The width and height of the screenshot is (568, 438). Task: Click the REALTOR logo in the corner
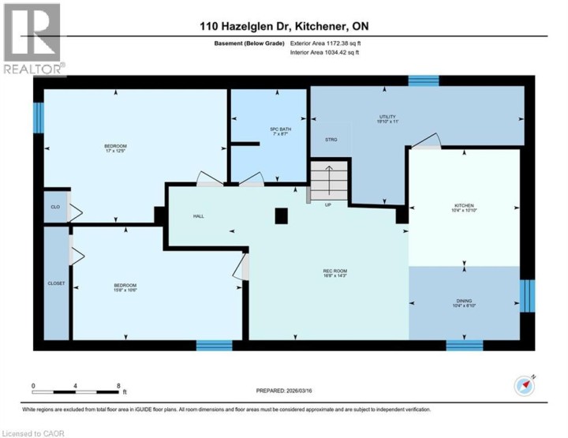click(x=32, y=39)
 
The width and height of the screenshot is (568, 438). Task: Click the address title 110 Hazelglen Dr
click(x=283, y=26)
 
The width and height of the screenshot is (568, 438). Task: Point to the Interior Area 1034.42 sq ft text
click(x=324, y=54)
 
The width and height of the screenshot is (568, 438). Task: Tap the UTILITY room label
click(x=387, y=118)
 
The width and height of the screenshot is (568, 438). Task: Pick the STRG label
click(x=331, y=140)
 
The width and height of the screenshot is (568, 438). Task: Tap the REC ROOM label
click(x=336, y=273)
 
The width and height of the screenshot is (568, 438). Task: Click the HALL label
click(x=199, y=215)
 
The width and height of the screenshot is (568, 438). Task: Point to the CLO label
click(x=55, y=207)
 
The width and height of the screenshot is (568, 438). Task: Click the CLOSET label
click(x=56, y=283)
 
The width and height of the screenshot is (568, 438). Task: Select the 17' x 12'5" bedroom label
click(x=116, y=148)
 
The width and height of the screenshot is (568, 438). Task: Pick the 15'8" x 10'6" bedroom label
click(x=125, y=287)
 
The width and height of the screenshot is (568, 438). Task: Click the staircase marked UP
click(x=327, y=182)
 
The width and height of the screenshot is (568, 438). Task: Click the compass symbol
click(x=525, y=385)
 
